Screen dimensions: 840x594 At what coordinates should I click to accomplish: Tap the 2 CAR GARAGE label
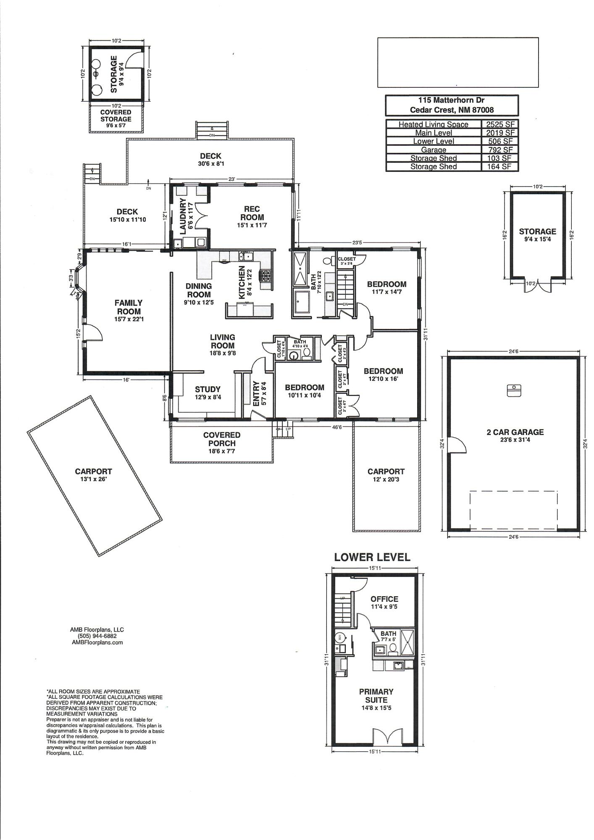coord(515,432)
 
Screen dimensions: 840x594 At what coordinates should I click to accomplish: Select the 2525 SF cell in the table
coord(499,124)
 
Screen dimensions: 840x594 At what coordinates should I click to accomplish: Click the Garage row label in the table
coord(434,150)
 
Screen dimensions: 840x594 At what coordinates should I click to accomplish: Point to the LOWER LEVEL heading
coord(372,557)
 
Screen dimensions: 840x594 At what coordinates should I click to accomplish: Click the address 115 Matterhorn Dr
coord(451,100)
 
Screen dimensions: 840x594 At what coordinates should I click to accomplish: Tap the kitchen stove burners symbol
coord(266,276)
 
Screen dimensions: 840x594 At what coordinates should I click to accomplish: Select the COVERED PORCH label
coord(222,439)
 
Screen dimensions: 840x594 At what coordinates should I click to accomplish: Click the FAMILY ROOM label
coord(129,307)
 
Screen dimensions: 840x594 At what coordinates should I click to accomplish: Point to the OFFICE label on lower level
coord(384,599)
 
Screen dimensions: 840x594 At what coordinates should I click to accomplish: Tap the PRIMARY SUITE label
coord(376,696)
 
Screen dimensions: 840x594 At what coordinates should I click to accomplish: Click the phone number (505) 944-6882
coord(97,636)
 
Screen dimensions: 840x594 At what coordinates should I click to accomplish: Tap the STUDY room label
coord(208,390)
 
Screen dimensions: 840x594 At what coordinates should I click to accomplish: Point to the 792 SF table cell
coord(499,150)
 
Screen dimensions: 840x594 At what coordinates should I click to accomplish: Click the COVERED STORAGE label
coord(116,116)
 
